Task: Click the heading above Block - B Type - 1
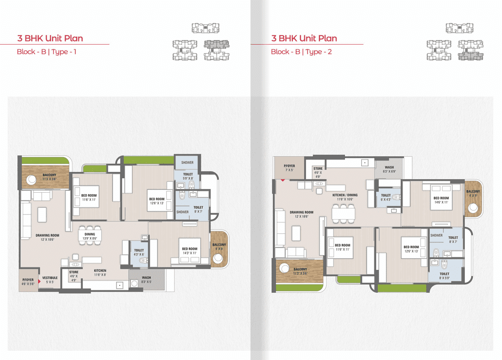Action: [50, 38]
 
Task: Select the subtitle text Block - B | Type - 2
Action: [302, 52]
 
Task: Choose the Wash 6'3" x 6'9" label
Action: [389, 169]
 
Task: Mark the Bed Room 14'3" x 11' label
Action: [189, 251]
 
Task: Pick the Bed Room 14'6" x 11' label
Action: [441, 200]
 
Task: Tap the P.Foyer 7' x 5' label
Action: [289, 168]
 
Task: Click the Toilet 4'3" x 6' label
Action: [139, 252]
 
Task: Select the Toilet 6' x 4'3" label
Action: [386, 198]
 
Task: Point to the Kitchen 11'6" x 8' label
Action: [100, 273]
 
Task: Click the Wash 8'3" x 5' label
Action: [146, 280]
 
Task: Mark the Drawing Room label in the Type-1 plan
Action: [47, 237]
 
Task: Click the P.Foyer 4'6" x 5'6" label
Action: [28, 282]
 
